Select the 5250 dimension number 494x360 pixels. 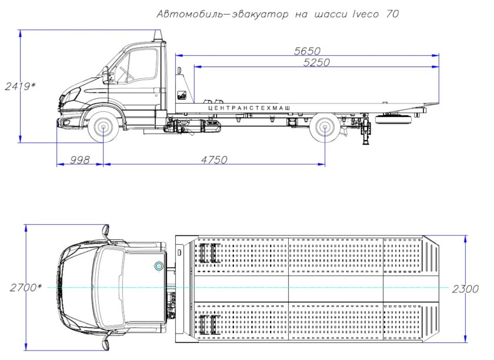coord(316,62)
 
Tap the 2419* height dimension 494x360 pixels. coord(19,86)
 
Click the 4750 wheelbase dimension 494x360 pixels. coord(213,160)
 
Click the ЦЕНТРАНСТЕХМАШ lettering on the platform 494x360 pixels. coord(249,108)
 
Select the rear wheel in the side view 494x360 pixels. coord(325,128)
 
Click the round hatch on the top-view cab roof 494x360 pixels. coord(158,266)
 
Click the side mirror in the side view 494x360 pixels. coord(106,75)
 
